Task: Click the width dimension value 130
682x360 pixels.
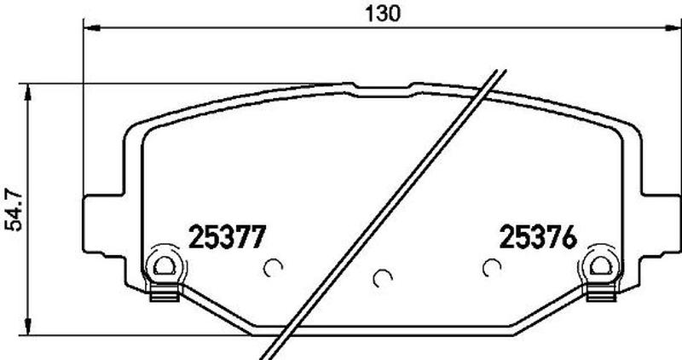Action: click(382, 14)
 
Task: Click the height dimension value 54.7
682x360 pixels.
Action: click(13, 209)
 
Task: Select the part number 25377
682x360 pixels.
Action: click(227, 237)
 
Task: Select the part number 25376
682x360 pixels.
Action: click(538, 237)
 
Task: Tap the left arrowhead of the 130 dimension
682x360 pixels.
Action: click(91, 28)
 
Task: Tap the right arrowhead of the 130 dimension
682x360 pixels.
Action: click(673, 28)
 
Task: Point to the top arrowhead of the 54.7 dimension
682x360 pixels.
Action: click(28, 92)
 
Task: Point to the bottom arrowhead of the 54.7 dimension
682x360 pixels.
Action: click(28, 327)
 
